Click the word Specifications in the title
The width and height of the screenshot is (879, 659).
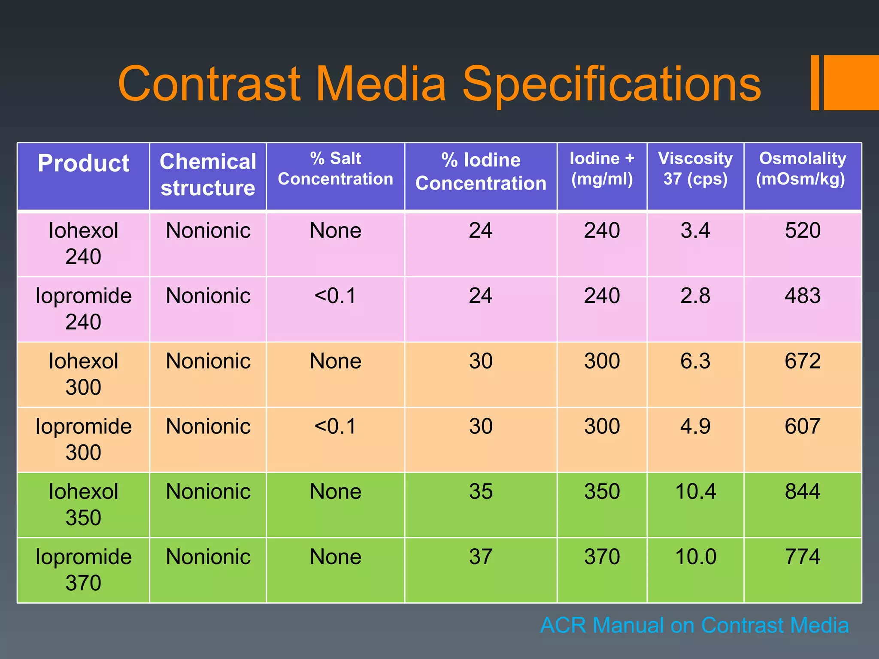pyautogui.click(x=611, y=85)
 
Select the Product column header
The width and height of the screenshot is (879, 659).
pyautogui.click(x=83, y=163)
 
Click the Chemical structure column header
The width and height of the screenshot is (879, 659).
pyautogui.click(x=208, y=175)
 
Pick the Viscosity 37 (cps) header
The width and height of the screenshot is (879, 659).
pyautogui.click(x=695, y=169)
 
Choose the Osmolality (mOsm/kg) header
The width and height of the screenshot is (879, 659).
pyautogui.click(x=802, y=169)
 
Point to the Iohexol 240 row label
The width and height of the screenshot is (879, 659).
pyautogui.click(x=83, y=243)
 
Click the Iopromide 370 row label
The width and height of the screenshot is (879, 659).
pyautogui.click(x=83, y=569)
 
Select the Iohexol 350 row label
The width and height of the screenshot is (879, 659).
pyautogui.click(x=83, y=504)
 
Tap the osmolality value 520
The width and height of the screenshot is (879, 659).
pyautogui.click(x=803, y=230)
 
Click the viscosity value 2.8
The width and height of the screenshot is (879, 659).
pyautogui.click(x=695, y=296)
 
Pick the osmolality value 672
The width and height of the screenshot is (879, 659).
pyautogui.click(x=803, y=361)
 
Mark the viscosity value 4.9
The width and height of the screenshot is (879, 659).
pyautogui.click(x=695, y=426)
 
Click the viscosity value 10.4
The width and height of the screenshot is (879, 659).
pyautogui.click(x=695, y=491)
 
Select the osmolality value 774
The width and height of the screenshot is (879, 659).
pyautogui.click(x=803, y=556)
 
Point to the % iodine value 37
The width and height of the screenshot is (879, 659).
pyautogui.click(x=481, y=556)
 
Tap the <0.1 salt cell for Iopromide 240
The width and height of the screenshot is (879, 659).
pyautogui.click(x=335, y=296)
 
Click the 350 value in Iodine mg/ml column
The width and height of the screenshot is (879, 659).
pyautogui.click(x=602, y=491)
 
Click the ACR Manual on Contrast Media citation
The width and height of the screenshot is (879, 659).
pyautogui.click(x=694, y=625)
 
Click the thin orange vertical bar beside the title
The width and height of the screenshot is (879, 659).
pyautogui.click(x=815, y=82)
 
